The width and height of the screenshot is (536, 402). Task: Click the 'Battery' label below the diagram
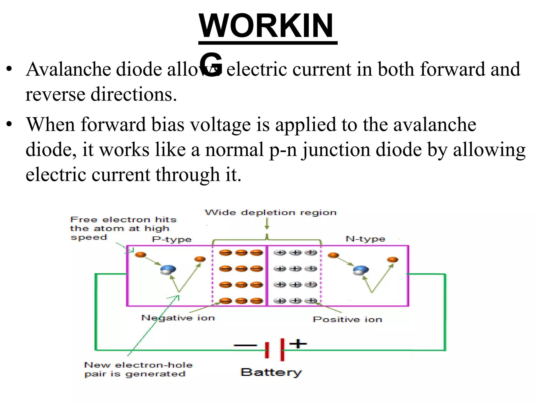pos(271,372)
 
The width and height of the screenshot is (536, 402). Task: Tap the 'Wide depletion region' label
pos(271,212)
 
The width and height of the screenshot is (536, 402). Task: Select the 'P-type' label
pos(172,239)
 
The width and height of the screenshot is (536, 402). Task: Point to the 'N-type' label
pos(365,239)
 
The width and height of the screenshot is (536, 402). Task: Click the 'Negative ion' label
pos(178,318)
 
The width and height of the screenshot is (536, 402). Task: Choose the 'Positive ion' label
pos(347,319)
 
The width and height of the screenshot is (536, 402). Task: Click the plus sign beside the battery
pos(298,343)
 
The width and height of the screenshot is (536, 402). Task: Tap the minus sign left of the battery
pos(245,345)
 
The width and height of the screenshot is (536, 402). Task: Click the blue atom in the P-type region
pos(168,270)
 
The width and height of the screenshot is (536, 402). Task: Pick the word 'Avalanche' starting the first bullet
pos(68,69)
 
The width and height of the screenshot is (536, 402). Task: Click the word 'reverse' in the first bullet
pos(55,94)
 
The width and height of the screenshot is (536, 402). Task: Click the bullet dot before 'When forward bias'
pos(9,124)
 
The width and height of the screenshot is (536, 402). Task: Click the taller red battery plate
pos(282,350)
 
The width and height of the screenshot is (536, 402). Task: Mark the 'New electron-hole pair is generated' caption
pos(138,369)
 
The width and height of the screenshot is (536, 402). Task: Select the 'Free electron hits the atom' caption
pos(123,228)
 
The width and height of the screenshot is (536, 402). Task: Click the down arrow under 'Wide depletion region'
pos(267,224)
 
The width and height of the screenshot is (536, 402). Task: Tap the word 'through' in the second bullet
pos(187,175)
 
